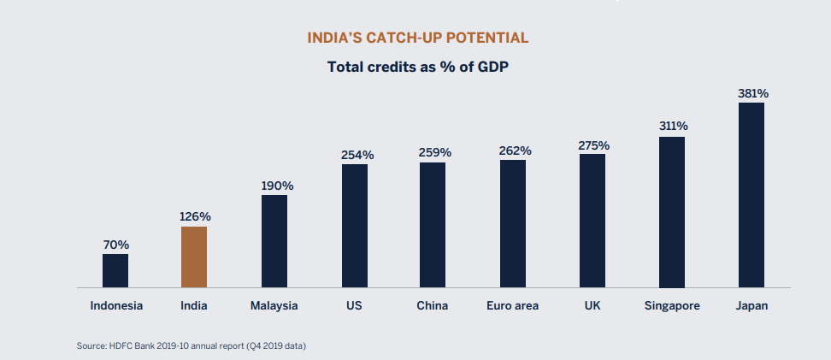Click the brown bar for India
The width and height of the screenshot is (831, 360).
pos(194,257)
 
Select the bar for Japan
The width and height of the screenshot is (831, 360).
pos(751,195)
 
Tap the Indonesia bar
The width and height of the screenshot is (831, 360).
pos(115,270)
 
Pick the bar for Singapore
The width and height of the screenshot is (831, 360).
pos(672,212)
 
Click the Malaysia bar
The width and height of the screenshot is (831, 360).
pos(274,241)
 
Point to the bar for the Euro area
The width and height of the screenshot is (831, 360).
pos(513,223)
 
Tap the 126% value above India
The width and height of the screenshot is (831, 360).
pos(195,216)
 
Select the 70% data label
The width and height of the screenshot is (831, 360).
pos(115,245)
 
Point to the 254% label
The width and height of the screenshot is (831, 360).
pos(356,155)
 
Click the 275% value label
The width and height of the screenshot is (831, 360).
pos(592,145)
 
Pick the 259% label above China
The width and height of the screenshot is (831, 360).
pos(434,152)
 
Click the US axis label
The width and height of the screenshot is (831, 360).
pos(355,305)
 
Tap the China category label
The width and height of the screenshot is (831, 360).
pos(433,305)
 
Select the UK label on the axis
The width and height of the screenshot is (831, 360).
pos(592,305)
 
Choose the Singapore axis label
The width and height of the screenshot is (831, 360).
pos(673,305)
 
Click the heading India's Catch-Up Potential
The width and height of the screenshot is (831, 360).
pos(417,38)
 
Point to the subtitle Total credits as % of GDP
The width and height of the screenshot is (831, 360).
pos(418,67)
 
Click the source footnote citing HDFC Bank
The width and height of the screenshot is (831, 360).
pos(192,345)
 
